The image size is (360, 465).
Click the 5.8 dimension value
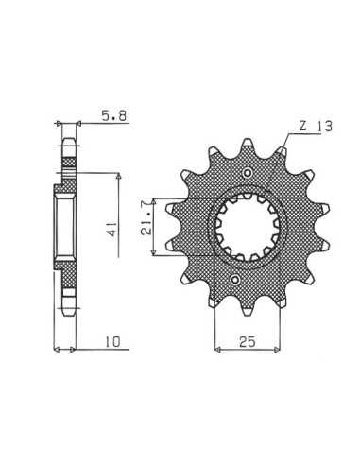pos(113,115)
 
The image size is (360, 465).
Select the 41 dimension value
pos(112,229)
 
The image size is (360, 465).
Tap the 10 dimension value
pos(112,341)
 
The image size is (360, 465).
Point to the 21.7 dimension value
pos(146,223)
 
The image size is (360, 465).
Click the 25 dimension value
pos(248,341)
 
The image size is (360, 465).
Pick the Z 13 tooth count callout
pos(316,127)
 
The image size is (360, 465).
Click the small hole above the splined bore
pos(249,172)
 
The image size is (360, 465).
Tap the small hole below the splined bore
pos(235,279)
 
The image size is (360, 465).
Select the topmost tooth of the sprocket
pos(248,144)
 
